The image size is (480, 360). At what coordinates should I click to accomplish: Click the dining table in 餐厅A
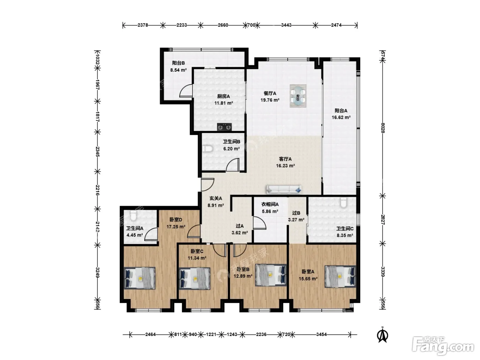point(298,96)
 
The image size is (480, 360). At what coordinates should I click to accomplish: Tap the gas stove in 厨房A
point(224,127)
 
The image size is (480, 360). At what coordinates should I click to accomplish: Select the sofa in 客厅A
point(284,190)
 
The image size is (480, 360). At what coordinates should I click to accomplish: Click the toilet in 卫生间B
point(207,149)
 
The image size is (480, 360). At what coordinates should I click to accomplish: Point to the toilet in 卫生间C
point(344,202)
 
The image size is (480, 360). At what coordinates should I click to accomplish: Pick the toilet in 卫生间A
point(133,215)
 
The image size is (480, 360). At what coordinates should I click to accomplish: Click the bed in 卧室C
point(195,278)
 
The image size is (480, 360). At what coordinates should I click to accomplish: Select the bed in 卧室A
point(340,276)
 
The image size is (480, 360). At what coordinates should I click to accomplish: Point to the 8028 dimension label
point(383,128)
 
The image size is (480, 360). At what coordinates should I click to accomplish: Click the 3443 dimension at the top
point(286,25)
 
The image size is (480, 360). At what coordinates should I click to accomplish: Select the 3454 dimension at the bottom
point(321,334)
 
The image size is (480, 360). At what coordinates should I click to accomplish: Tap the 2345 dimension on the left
point(97,152)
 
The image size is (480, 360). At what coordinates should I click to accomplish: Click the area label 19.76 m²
point(270,100)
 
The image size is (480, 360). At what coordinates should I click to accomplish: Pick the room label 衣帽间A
point(270,204)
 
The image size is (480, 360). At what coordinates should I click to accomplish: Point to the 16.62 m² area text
point(341,117)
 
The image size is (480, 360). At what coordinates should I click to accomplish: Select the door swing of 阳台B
point(186,91)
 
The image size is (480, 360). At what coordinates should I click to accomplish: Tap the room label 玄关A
point(216,198)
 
